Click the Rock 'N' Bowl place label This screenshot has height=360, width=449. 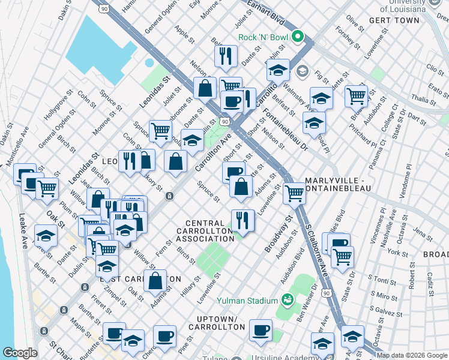(264, 37)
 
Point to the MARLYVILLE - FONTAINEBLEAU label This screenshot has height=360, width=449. (337, 184)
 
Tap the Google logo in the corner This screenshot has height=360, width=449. (19, 353)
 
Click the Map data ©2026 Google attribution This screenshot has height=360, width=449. (412, 355)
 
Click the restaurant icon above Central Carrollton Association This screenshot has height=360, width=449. (243, 220)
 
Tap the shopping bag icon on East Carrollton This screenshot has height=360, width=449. (155, 280)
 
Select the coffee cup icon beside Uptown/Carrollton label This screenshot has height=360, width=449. (261, 329)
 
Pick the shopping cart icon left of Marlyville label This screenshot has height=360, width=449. (294, 193)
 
